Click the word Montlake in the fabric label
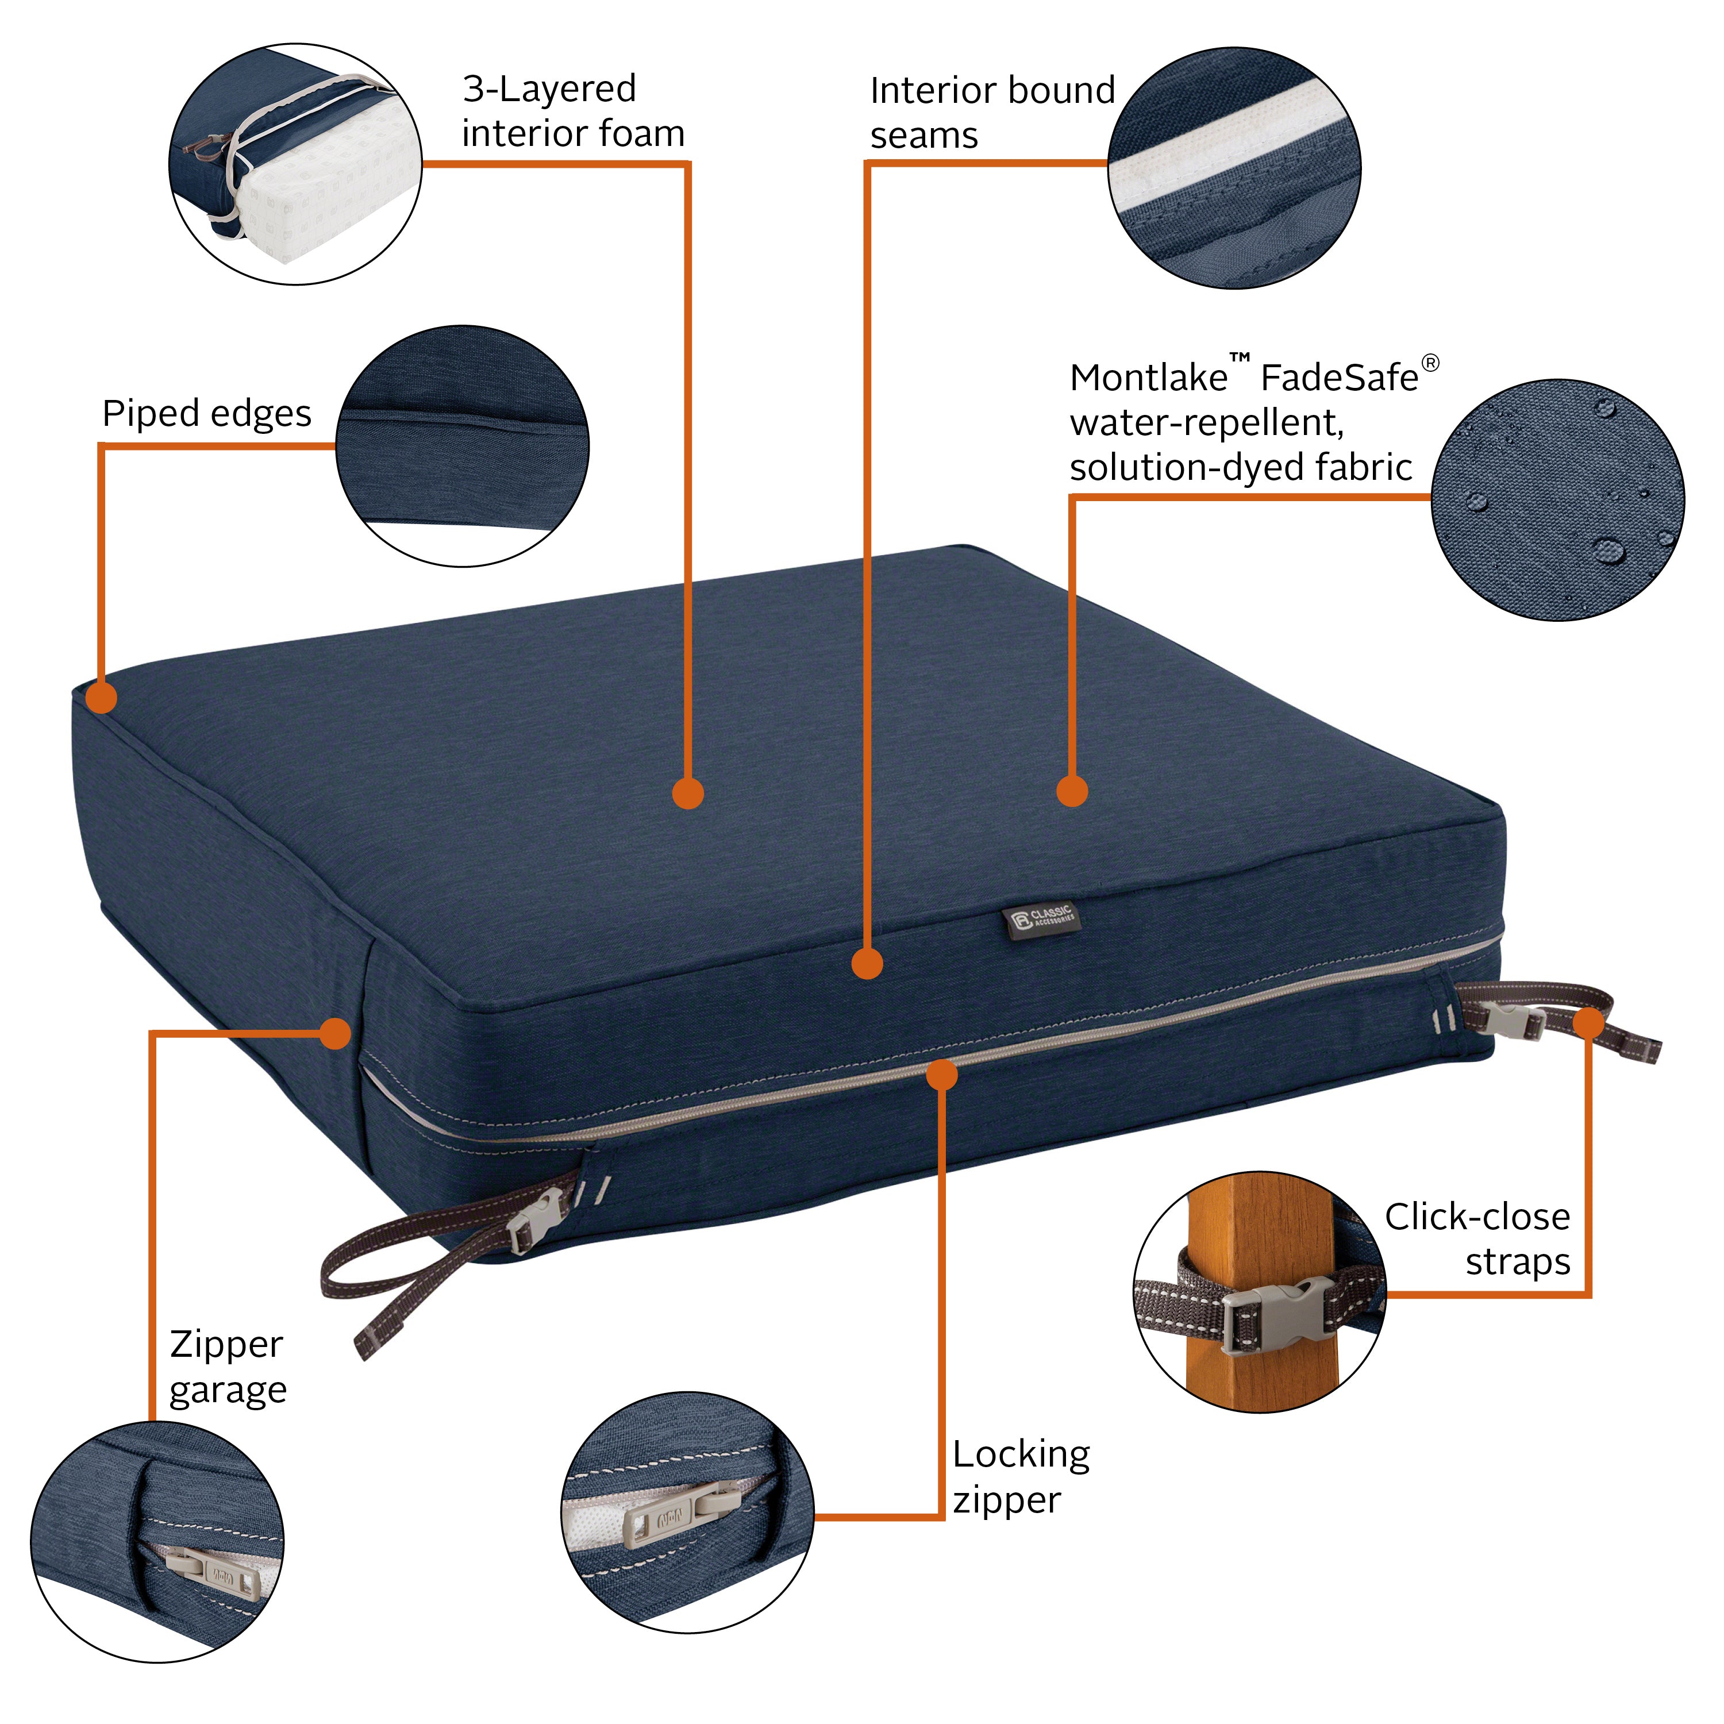point(1148,378)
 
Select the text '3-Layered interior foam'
point(572,111)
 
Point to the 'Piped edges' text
point(206,413)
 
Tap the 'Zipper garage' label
point(228,1367)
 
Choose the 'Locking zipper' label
point(1020,1477)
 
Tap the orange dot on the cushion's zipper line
point(941,1075)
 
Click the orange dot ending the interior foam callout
point(688,792)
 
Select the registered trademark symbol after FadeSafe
point(1430,362)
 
